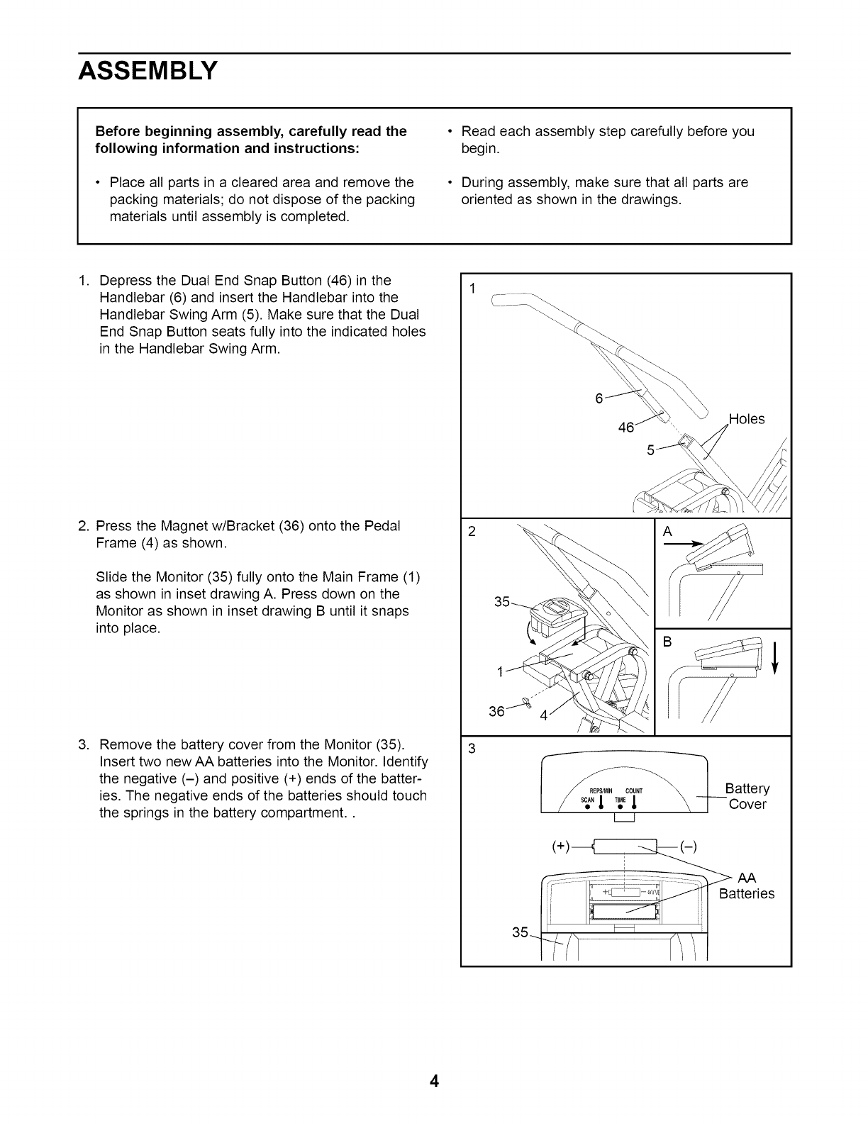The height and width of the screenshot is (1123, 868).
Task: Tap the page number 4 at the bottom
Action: pos(434,1082)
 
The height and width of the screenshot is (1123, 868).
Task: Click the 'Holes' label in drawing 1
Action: pos(747,419)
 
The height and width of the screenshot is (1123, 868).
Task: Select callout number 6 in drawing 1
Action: pos(599,398)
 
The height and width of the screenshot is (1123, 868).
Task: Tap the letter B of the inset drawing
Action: pos(667,642)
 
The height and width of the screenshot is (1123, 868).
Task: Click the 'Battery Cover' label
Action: pos(747,796)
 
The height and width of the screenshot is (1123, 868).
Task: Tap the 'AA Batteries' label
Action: pos(747,886)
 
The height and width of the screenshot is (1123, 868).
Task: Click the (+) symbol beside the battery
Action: pos(561,847)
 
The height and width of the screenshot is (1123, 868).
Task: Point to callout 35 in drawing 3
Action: pos(520,932)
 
